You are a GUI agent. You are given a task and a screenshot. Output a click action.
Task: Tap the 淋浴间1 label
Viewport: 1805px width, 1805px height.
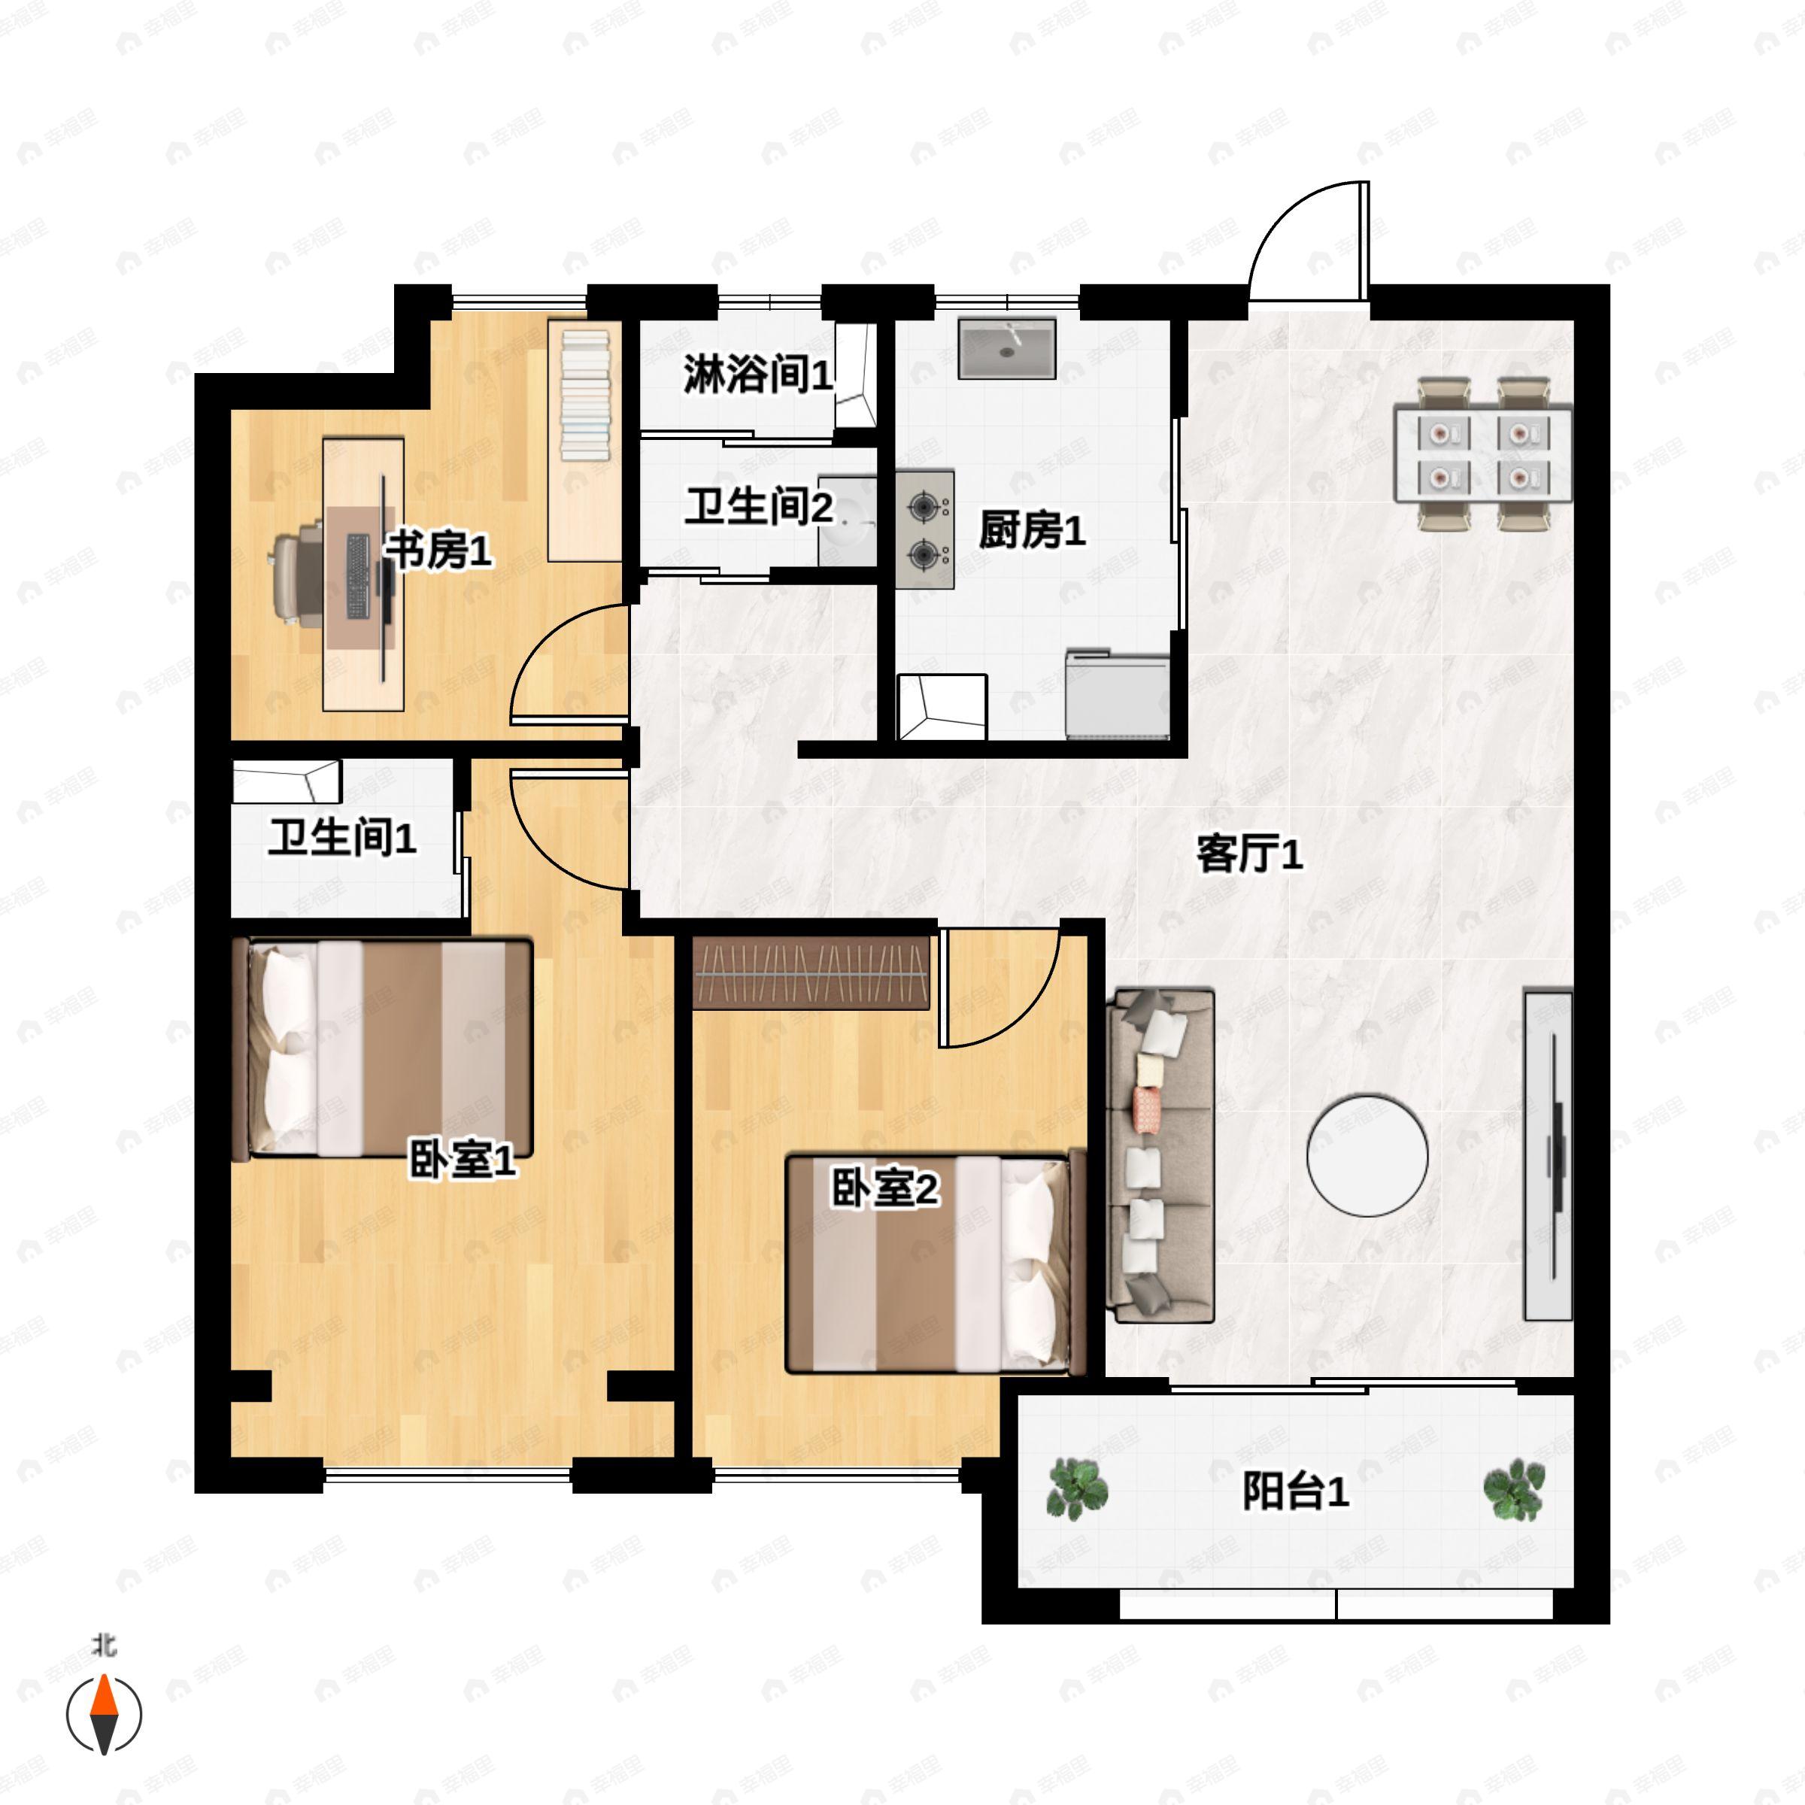pos(757,375)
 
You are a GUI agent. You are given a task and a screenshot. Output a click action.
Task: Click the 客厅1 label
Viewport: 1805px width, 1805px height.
pos(1249,853)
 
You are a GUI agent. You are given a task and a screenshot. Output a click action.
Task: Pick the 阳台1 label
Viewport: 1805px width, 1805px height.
pos(1295,1491)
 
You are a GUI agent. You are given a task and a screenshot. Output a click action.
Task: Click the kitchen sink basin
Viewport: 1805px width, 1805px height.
pos(1006,348)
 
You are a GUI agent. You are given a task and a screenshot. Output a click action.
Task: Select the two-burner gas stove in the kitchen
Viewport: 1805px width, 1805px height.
pos(925,529)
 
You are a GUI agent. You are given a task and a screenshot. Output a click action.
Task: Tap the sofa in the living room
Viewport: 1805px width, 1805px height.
pos(1160,1156)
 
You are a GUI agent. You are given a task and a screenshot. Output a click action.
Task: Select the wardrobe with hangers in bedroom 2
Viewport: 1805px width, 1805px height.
pos(811,972)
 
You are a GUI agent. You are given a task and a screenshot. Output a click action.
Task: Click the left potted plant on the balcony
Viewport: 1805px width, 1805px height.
pos(1078,1488)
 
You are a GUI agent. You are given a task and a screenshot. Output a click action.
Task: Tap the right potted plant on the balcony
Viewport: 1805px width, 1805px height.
pos(1513,1488)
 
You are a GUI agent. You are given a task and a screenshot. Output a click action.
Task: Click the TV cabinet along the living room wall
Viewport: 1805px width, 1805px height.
pos(1548,1156)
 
